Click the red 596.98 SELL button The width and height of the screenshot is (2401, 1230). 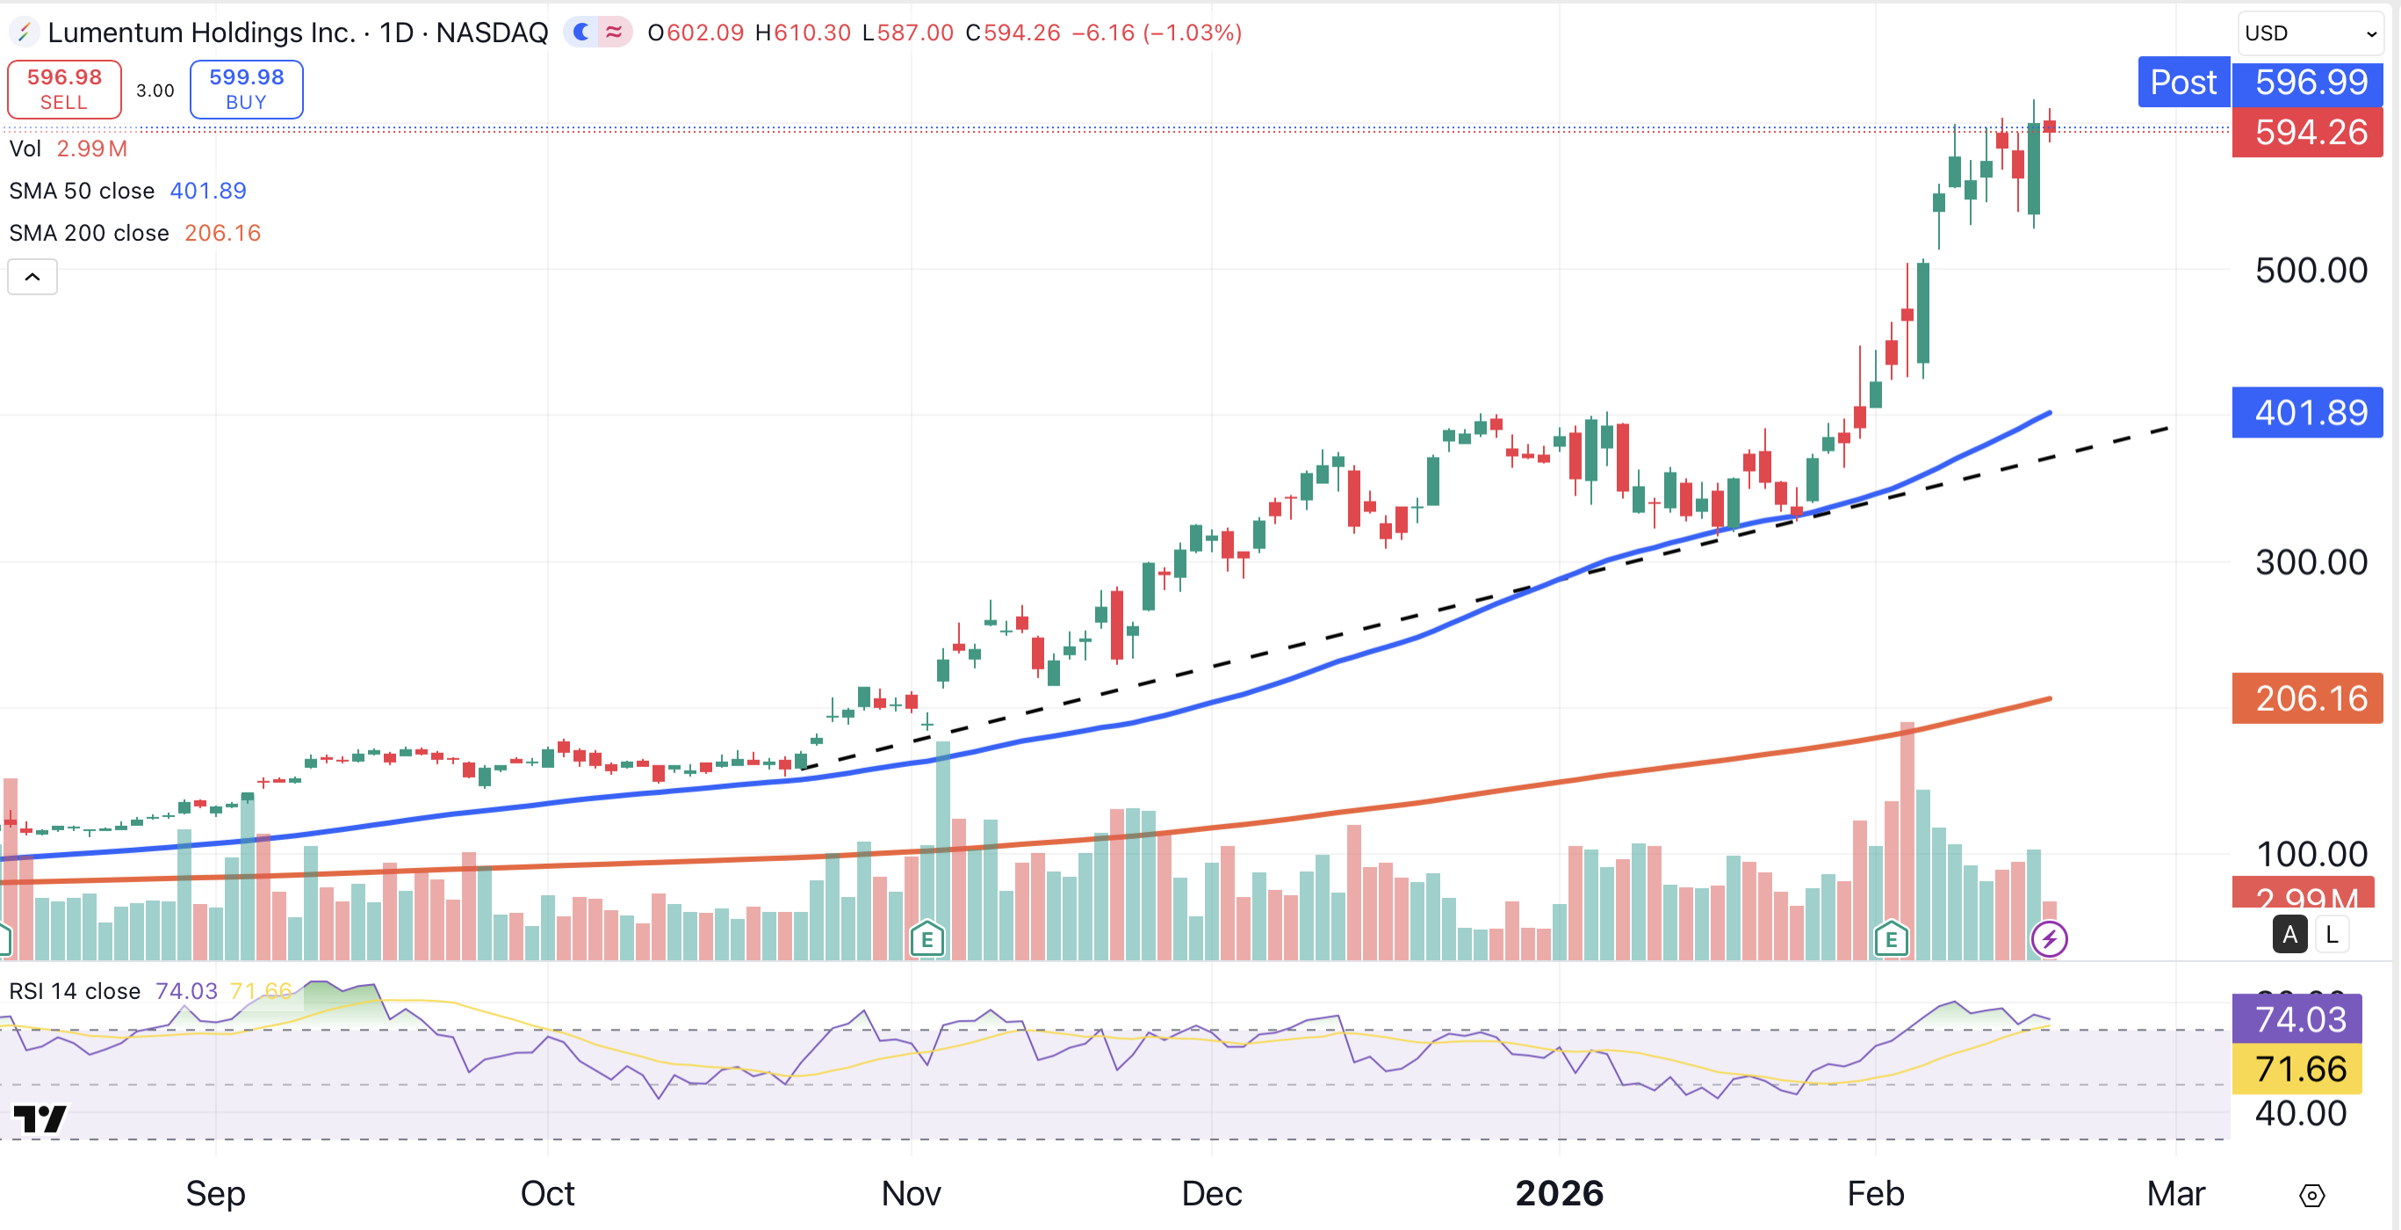63,90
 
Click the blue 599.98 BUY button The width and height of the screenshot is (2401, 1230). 246,90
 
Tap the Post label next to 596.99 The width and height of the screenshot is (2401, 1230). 2183,82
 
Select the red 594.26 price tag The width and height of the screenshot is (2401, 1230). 2309,133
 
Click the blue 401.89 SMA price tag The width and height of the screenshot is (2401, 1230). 2309,412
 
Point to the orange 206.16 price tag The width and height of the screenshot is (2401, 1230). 2309,698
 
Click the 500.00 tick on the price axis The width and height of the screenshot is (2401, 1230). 2311,271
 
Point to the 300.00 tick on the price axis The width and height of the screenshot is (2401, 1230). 2311,562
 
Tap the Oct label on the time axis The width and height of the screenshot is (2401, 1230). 547,1193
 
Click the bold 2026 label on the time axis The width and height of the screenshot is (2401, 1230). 1560,1193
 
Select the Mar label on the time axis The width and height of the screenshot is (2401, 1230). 2175,1193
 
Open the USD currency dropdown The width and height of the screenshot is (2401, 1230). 2310,33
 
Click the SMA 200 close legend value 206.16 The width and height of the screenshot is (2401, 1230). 223,233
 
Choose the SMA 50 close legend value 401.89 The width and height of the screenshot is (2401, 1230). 208,192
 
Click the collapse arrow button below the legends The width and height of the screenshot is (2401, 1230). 32,277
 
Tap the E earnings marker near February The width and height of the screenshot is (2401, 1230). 1891,939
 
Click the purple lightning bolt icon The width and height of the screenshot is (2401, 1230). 2049,939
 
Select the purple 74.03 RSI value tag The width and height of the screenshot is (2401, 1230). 2297,1019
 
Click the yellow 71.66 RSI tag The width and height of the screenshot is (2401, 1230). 2297,1068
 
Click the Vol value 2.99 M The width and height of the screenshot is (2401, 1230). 91,149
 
